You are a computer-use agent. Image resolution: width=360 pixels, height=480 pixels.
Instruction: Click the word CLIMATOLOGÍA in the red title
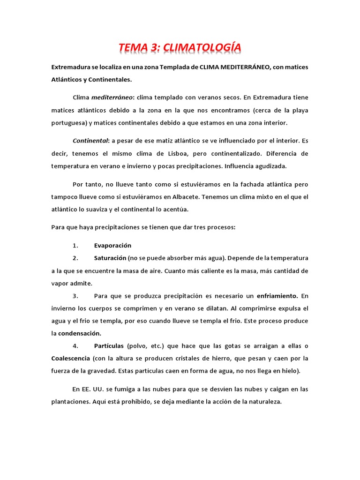click(203, 47)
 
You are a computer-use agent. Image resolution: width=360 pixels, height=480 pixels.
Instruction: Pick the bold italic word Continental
click(90, 141)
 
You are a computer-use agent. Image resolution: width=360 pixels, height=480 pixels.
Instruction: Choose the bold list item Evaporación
click(112, 245)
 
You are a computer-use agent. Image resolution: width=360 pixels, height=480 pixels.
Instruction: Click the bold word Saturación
click(110, 258)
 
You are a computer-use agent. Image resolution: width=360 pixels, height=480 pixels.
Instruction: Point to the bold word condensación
click(80, 333)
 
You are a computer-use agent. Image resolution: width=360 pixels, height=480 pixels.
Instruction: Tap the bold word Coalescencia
click(70, 359)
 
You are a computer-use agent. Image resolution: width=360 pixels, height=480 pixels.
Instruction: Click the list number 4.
click(75, 346)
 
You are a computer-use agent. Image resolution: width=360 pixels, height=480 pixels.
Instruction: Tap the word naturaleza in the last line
click(263, 402)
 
